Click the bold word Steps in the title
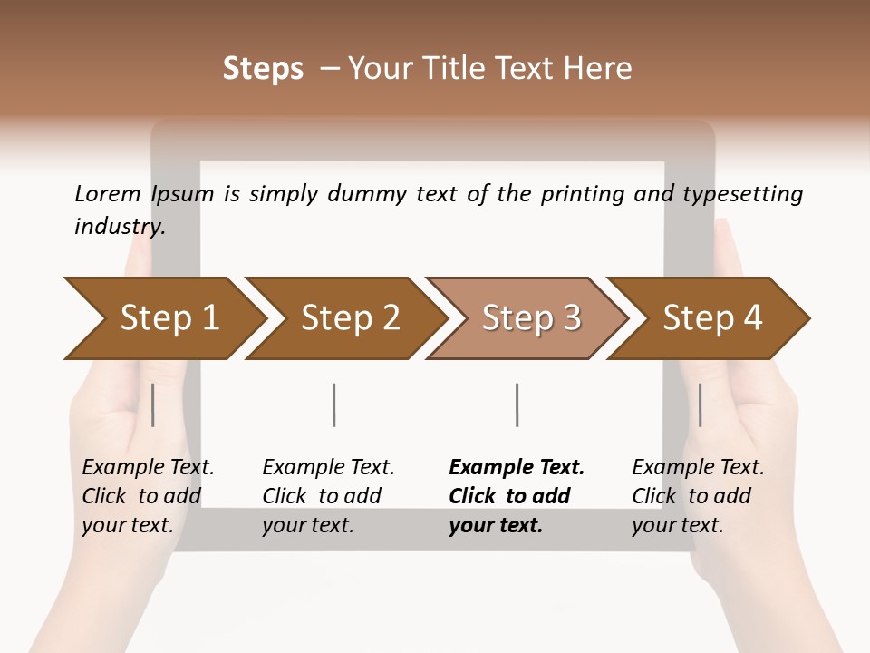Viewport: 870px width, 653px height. [x=263, y=69]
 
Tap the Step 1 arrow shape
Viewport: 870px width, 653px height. [x=169, y=318]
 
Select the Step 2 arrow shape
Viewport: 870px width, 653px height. [x=350, y=318]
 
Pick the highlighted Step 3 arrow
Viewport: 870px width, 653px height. [x=531, y=318]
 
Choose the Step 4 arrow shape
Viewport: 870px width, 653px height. [x=712, y=318]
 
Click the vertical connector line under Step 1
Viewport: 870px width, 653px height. [x=153, y=404]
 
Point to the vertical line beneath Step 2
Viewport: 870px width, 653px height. [x=334, y=404]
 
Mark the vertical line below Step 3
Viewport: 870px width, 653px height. [x=517, y=404]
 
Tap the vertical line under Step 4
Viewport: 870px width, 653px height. [x=700, y=404]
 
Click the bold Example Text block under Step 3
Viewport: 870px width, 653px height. [x=517, y=496]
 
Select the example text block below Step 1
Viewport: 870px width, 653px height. [x=148, y=496]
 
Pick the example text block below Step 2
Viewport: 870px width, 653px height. [x=328, y=496]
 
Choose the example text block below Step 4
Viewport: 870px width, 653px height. [x=698, y=496]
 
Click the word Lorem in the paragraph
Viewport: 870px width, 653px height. [x=107, y=193]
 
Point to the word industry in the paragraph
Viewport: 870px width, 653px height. [x=119, y=226]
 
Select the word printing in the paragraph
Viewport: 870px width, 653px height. [x=579, y=193]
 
